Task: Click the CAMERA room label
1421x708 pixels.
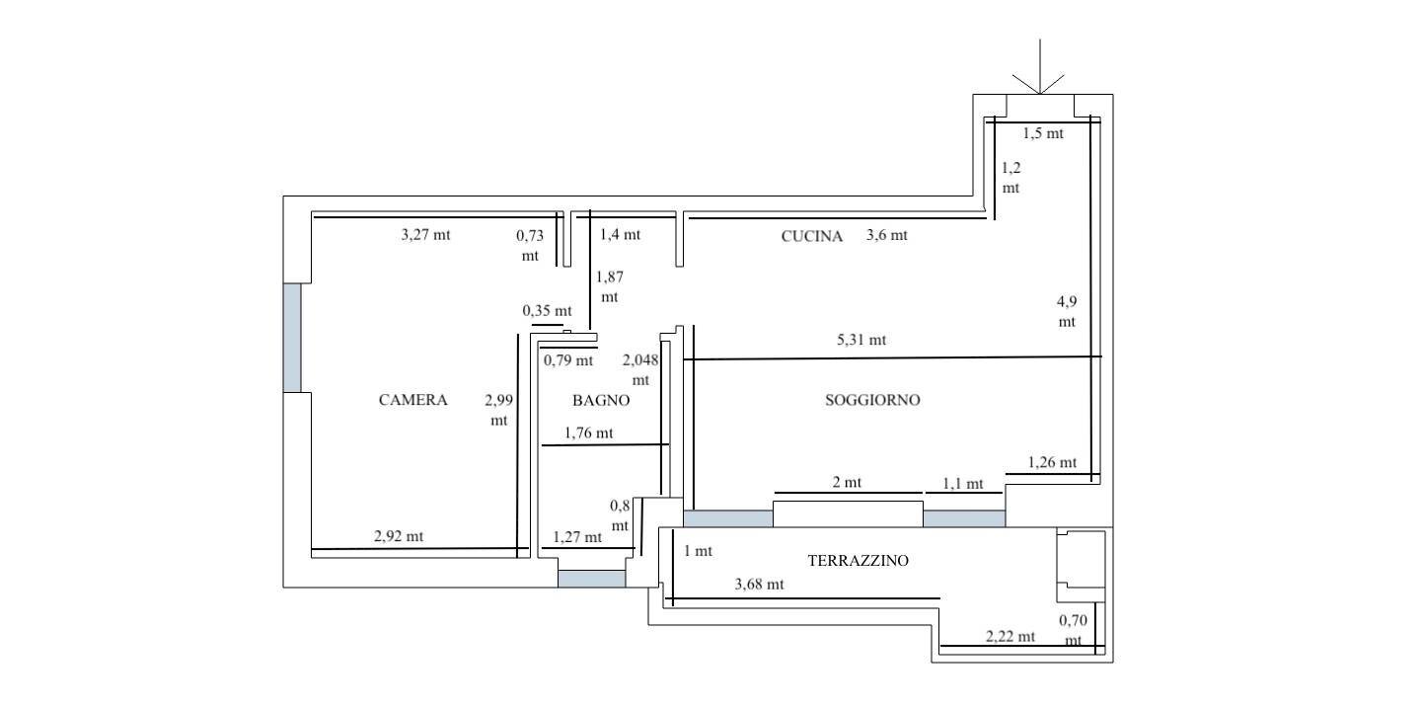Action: [412, 400]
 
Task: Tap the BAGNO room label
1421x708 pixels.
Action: [600, 400]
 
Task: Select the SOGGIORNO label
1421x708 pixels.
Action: [872, 400]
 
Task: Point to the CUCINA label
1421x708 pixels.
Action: [811, 236]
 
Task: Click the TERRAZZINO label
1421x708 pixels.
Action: [858, 560]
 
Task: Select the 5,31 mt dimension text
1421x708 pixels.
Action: [861, 340]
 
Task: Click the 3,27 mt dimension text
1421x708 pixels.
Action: [426, 235]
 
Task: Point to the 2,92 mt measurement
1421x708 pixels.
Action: [399, 537]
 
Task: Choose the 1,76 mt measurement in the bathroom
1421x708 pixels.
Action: [588, 433]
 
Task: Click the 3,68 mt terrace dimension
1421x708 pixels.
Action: [760, 584]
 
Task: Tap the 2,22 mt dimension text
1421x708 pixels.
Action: [1010, 637]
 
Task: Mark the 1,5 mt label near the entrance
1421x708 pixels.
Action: [1043, 133]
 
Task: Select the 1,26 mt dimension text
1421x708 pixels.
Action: [1052, 461]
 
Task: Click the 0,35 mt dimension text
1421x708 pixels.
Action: [547, 311]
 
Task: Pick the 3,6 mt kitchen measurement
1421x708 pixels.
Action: [886, 235]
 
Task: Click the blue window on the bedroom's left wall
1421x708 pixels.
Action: [291, 338]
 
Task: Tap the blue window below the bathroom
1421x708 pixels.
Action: [591, 579]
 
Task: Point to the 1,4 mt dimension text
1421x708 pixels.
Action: [621, 235]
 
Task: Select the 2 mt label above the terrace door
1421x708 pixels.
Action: [848, 483]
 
